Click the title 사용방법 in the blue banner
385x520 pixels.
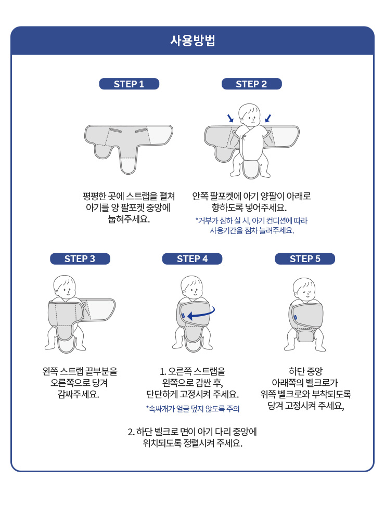click(x=192, y=41)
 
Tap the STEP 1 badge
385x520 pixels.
click(x=129, y=84)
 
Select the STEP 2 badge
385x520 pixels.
click(x=252, y=84)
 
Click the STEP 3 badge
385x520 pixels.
click(x=80, y=258)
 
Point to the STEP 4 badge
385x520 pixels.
click(x=192, y=258)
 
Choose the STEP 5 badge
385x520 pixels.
click(x=305, y=258)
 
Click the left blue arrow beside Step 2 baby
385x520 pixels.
click(x=230, y=118)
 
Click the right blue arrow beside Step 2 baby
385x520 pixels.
click(x=268, y=118)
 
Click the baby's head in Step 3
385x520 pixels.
click(x=65, y=287)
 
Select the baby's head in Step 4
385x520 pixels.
click(x=192, y=287)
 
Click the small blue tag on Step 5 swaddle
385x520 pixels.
click(x=296, y=317)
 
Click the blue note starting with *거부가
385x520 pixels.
click(x=252, y=226)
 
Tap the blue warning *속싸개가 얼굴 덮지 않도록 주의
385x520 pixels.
click(x=192, y=409)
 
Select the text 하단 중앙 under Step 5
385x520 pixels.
click(x=305, y=371)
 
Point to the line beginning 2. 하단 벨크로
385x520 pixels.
click(x=192, y=432)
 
